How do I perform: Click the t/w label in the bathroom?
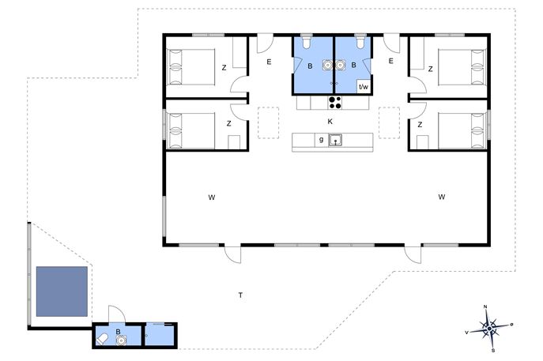tap(364, 87)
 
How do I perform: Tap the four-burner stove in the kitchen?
tap(335, 103)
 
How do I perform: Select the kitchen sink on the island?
tap(335, 140)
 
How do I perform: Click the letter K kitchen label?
tap(330, 122)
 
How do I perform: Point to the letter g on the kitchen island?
tap(322, 140)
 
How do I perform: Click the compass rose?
tap(489, 328)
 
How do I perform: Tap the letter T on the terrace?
tap(240, 295)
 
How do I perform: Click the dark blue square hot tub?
tap(62, 291)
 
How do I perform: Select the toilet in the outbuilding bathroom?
tap(102, 339)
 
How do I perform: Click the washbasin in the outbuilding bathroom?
tap(121, 340)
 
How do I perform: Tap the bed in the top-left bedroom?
tap(191, 67)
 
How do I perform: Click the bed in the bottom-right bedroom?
tap(462, 130)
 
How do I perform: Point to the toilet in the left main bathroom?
tap(307, 43)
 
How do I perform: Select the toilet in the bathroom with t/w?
tap(360, 42)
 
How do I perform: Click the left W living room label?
tap(212, 197)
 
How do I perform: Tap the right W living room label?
tap(442, 197)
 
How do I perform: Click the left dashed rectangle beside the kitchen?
tap(269, 123)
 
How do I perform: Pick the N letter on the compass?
tap(485, 306)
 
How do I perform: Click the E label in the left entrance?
tap(269, 62)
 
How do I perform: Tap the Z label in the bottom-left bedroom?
tap(228, 123)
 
